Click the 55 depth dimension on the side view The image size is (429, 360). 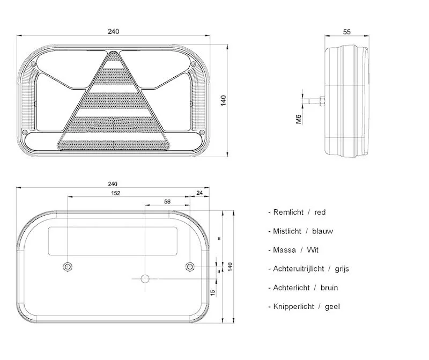pos(347,32)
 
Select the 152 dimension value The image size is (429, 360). pos(115,193)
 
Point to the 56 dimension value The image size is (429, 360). pos(167,202)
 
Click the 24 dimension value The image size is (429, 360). pos(199,193)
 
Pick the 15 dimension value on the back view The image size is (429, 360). pos(213,292)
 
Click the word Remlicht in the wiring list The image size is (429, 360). pos(288,212)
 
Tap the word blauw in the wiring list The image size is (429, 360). pos(322,231)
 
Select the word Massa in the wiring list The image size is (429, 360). pos(284,250)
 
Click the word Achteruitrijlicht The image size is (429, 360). pos(298,269)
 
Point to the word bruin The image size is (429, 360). pos(329,288)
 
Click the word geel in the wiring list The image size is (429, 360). pos(332,306)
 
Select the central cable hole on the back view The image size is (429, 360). pos(144,278)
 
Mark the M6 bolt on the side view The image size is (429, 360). pos(319,100)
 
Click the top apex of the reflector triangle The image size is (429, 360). pos(113,53)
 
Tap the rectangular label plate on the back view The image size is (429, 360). pos(113,240)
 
